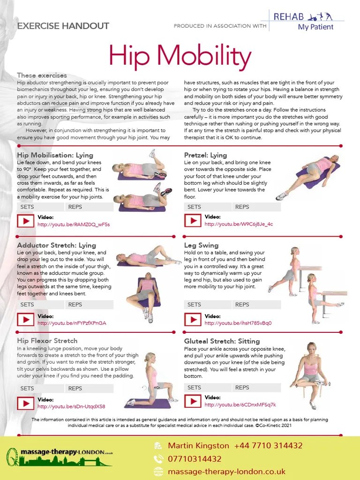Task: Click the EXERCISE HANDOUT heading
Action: pyautogui.click(x=63, y=26)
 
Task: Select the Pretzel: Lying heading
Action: pyautogui.click(x=205, y=155)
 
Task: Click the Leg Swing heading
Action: pyautogui.click(x=201, y=245)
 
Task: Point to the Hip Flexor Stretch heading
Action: pyautogui.click(x=47, y=341)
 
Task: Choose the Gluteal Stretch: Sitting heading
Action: pyautogui.click(x=222, y=341)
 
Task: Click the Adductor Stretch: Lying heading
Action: pyautogui.click(x=56, y=245)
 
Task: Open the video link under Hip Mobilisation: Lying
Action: pyautogui.click(x=74, y=225)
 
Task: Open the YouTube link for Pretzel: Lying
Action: pyautogui.click(x=239, y=224)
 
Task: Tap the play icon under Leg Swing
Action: pyautogui.click(x=193, y=320)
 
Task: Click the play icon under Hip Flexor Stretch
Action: pyautogui.click(x=25, y=403)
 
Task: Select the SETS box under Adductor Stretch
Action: pyautogui.click(x=40, y=305)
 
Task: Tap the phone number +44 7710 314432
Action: pyautogui.click(x=269, y=446)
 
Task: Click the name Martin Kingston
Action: pyautogui.click(x=199, y=446)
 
